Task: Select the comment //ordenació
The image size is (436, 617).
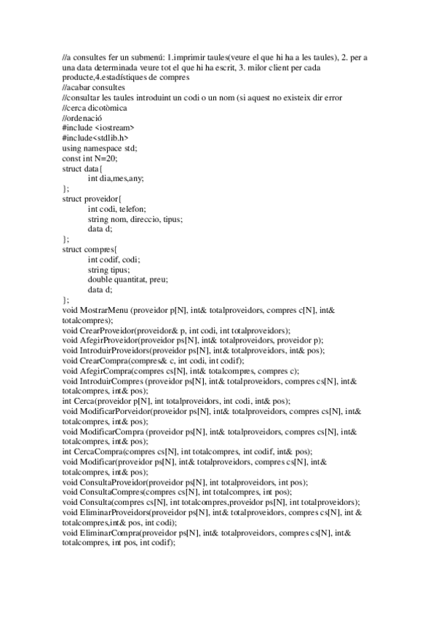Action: pyautogui.click(x=84, y=118)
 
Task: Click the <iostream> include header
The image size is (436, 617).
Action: pyautogui.click(x=114, y=128)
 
